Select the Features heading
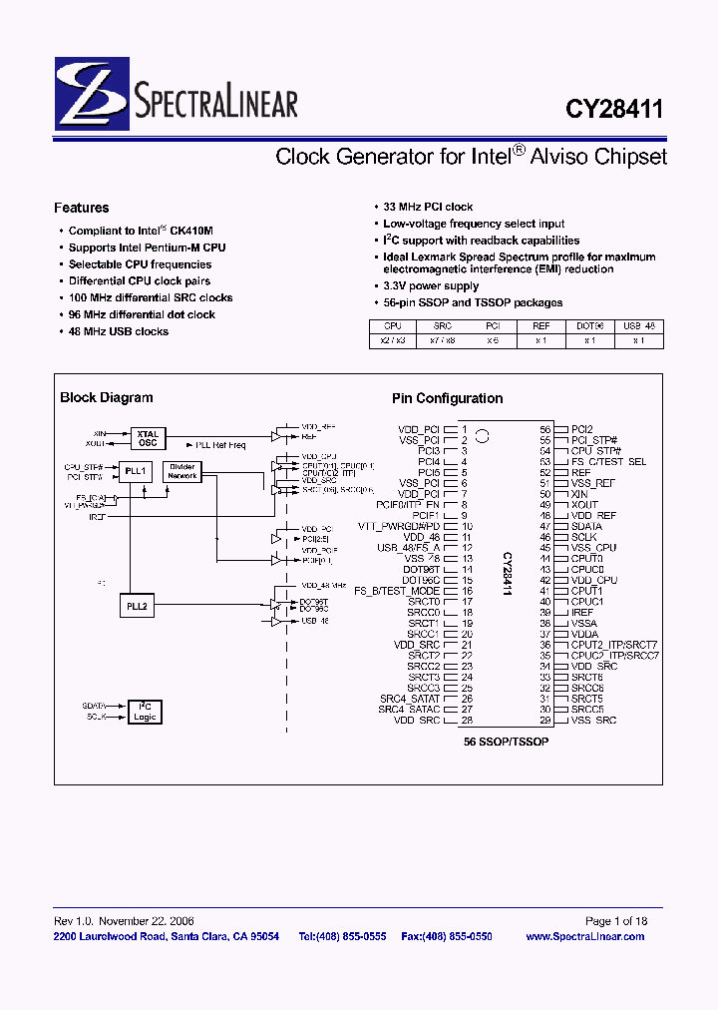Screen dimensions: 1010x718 [82, 208]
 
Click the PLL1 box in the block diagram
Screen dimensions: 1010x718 [136, 470]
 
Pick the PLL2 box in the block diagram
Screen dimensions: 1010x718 [136, 605]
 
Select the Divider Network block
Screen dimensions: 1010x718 [182, 471]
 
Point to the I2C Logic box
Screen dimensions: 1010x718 [146, 712]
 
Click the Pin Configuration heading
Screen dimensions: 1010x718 [447, 398]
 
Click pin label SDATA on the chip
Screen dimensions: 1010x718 [586, 526]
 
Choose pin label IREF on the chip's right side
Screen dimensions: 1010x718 [582, 612]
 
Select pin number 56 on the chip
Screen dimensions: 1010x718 [545, 429]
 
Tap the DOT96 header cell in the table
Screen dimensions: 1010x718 [590, 325]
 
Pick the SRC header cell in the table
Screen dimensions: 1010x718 [442, 325]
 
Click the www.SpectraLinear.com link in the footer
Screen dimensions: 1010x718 [584, 936]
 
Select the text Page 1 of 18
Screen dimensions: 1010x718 [615, 920]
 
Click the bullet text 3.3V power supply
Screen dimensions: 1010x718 [431, 286]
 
